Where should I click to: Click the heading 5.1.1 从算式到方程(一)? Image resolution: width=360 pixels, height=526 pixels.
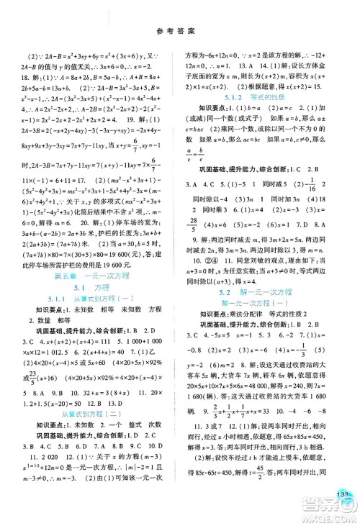[96, 319]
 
